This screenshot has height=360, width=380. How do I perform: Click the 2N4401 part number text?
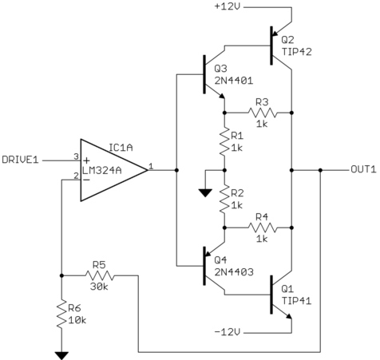point(233,81)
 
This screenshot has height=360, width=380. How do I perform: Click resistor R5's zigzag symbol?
point(100,276)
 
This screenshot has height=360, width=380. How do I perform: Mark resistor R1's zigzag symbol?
point(225,141)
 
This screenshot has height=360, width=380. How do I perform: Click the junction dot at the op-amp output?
point(176,169)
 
